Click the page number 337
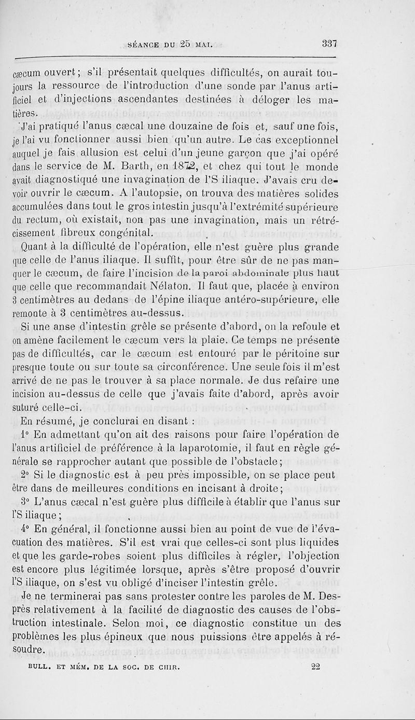(x=330, y=44)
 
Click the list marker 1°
(x=25, y=434)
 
